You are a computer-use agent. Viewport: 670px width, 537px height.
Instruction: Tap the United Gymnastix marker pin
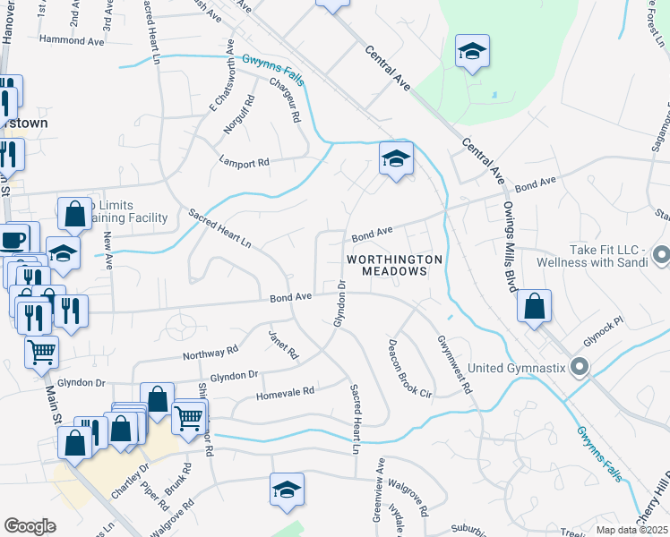click(x=579, y=366)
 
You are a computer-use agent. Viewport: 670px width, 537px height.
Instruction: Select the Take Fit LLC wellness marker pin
click(x=661, y=255)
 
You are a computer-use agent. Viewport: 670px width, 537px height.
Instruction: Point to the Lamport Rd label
click(x=244, y=163)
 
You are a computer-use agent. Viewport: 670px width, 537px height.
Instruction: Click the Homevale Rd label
click(x=285, y=392)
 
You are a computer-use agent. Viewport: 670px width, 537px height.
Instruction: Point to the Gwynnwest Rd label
click(x=454, y=368)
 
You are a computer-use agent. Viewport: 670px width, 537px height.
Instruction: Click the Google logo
click(x=30, y=526)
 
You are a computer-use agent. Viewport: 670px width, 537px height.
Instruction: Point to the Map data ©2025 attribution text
click(x=632, y=530)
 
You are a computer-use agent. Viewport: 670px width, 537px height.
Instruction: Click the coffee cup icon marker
click(x=13, y=239)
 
